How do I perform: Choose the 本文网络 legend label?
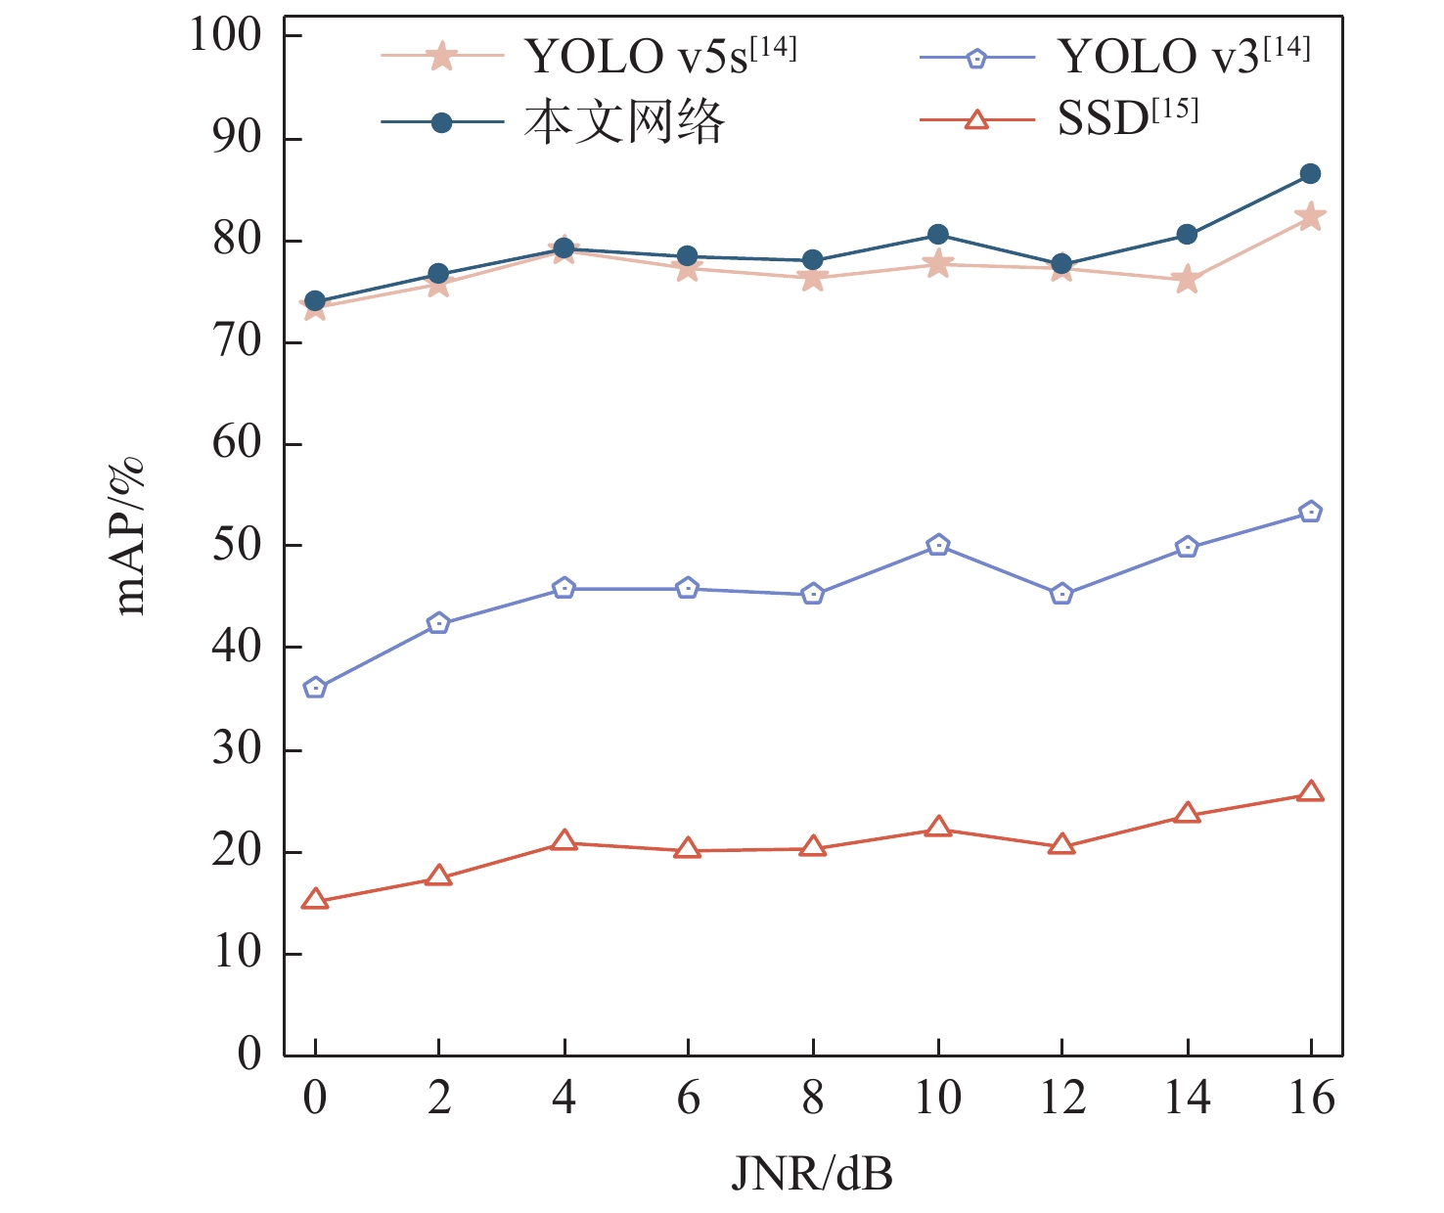(624, 122)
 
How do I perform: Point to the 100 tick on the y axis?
(225, 36)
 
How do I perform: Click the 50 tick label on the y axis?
(237, 545)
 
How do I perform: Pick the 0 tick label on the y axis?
(249, 1055)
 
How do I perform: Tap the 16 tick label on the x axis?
(1311, 1099)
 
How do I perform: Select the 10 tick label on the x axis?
(937, 1099)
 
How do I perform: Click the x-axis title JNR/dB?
(812, 1172)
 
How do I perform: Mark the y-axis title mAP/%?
(130, 536)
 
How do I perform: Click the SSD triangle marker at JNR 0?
(315, 899)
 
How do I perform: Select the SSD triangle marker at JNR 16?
(1311, 791)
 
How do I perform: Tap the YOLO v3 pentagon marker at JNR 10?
(938, 545)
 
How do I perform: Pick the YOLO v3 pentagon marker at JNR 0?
(315, 688)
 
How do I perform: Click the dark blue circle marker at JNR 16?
(1311, 174)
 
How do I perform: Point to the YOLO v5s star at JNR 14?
(1187, 280)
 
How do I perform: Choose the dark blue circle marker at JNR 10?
(938, 235)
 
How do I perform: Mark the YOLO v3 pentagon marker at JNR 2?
(439, 623)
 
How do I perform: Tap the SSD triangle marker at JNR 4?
(564, 840)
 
